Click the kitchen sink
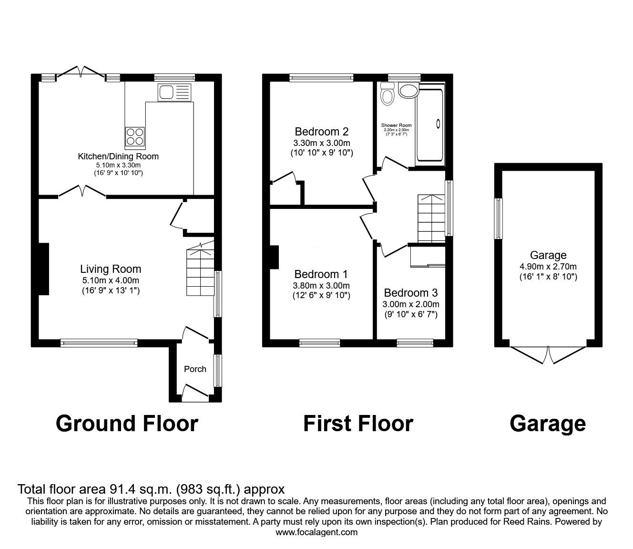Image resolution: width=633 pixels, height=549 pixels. click(x=174, y=92)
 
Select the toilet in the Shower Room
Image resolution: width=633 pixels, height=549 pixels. click(x=387, y=94)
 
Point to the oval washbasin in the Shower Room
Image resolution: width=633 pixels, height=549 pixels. click(x=408, y=92)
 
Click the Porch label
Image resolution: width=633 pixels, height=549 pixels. click(x=195, y=369)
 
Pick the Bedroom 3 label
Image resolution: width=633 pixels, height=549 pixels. click(x=411, y=293)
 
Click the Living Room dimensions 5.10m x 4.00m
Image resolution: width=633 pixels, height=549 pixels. click(x=111, y=280)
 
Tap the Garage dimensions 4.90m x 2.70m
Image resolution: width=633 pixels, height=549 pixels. click(x=548, y=266)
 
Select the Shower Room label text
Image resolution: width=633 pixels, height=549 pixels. click(x=396, y=125)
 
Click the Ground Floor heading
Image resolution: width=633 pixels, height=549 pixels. click(x=127, y=424)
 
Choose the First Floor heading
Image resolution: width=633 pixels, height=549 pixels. click(x=358, y=424)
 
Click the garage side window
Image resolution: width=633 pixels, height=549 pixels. click(x=499, y=218)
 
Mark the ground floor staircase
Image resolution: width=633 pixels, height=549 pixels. click(x=201, y=269)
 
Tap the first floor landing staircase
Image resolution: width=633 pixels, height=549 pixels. click(x=431, y=218)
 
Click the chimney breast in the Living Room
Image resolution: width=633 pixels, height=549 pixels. click(x=44, y=269)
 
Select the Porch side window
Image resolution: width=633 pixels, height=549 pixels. click(x=217, y=371)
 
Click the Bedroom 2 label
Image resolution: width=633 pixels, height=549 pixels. click(x=322, y=132)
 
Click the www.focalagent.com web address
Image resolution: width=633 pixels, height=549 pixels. click(x=316, y=532)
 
